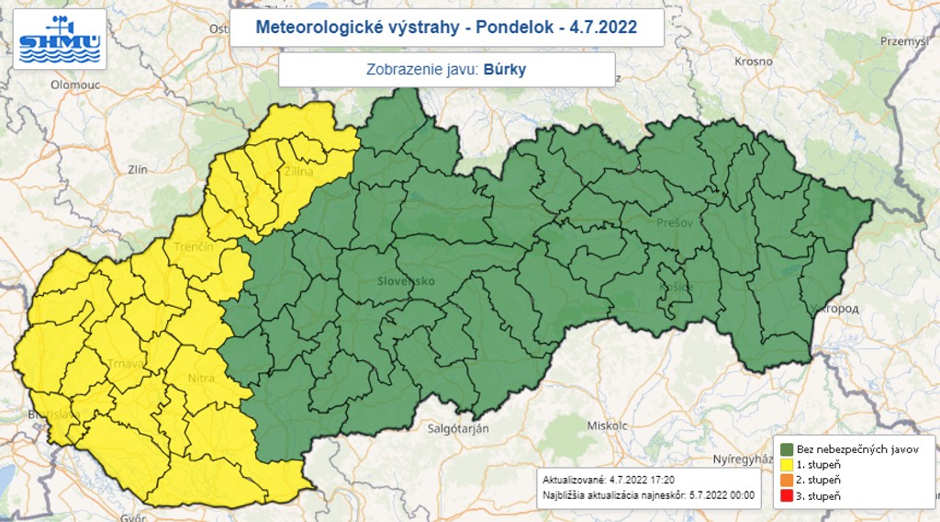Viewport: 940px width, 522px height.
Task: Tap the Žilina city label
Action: (298, 172)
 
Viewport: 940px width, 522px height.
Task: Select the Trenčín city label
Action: (194, 247)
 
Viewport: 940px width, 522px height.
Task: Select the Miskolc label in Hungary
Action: (605, 426)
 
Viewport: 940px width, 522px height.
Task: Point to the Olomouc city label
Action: (74, 84)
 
